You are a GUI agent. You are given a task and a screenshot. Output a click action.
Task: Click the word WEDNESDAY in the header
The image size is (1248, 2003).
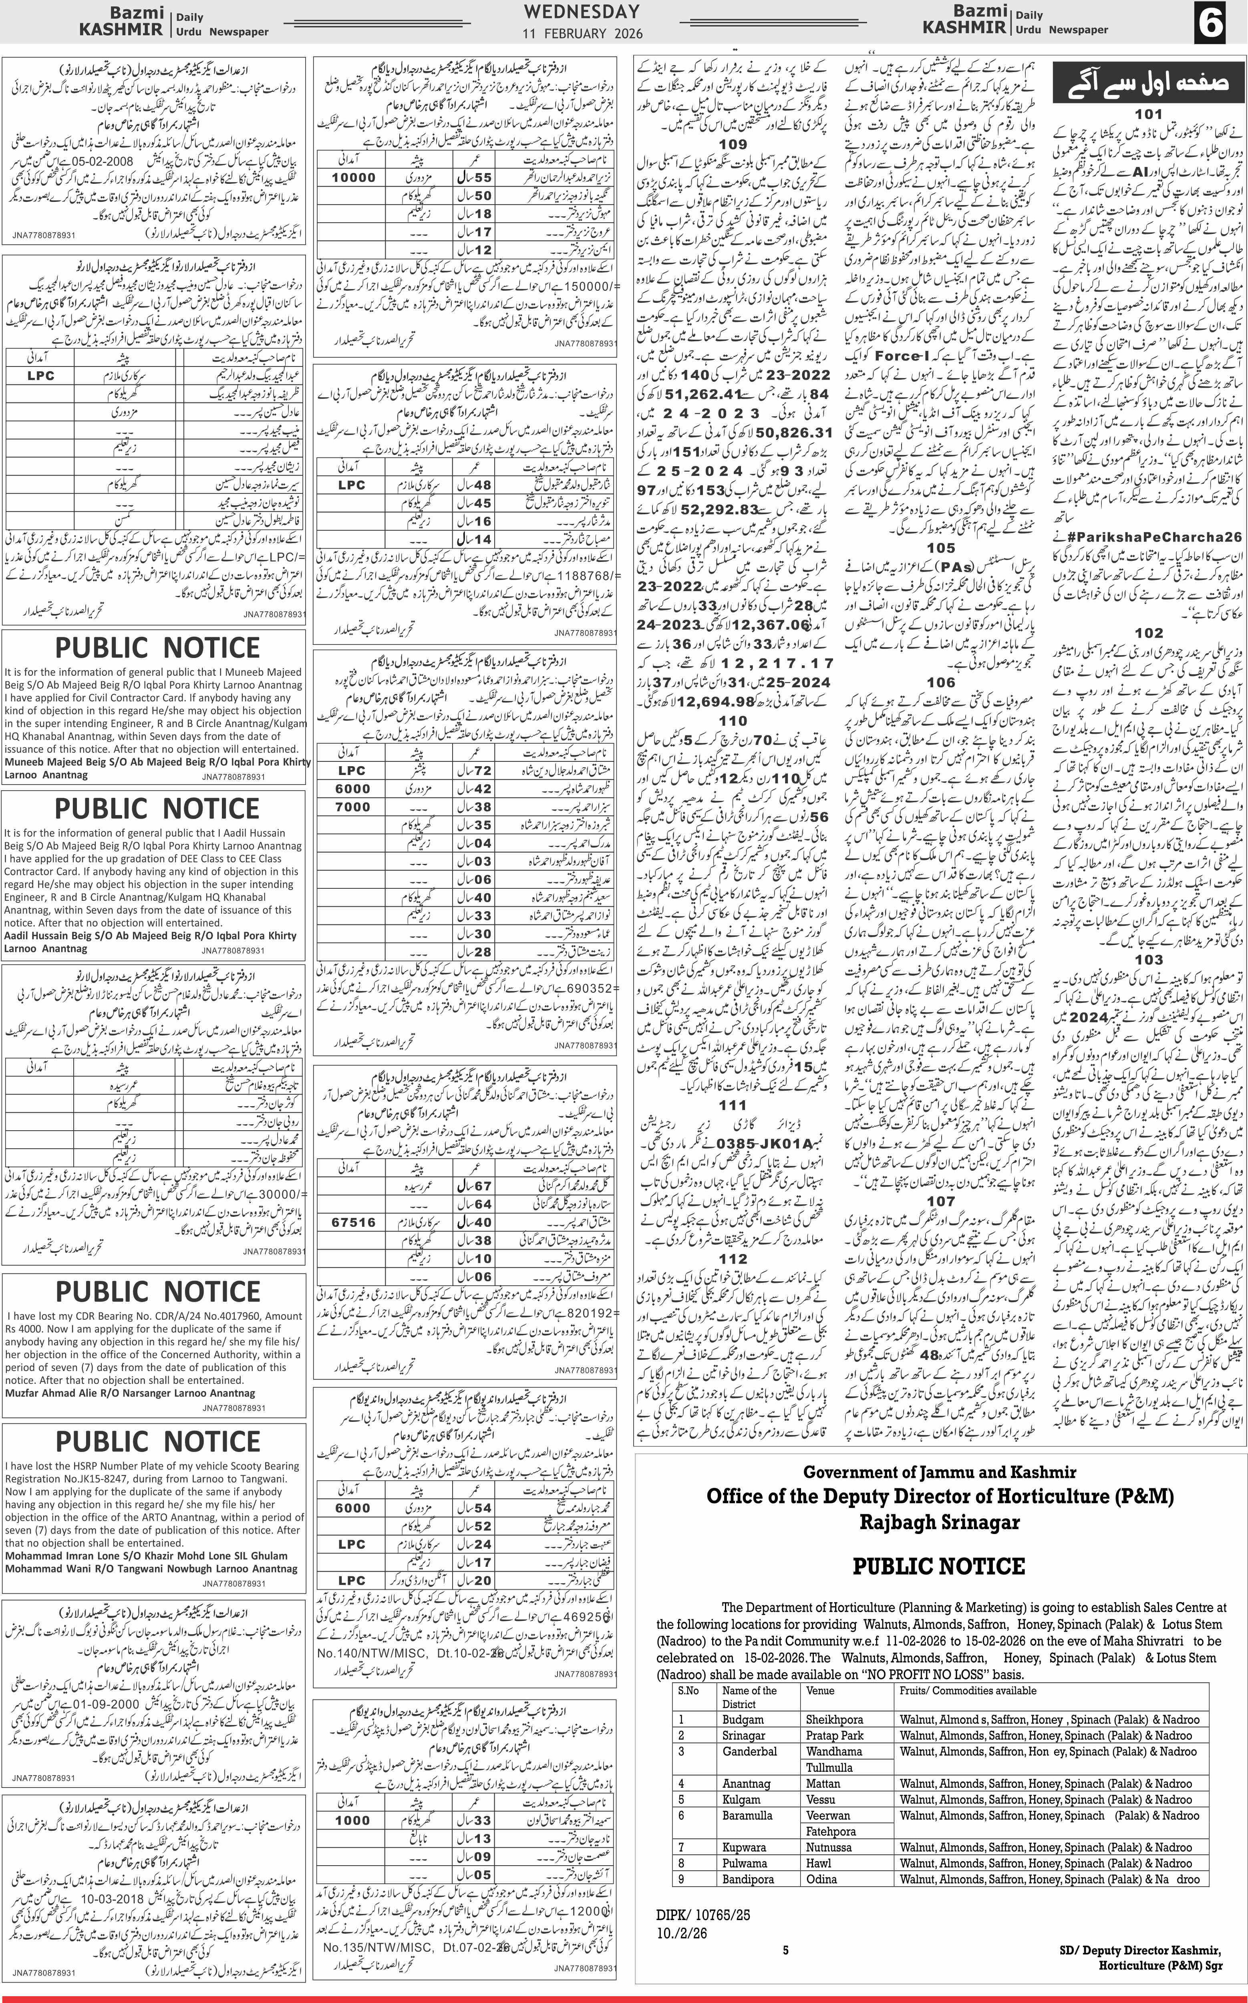tap(581, 12)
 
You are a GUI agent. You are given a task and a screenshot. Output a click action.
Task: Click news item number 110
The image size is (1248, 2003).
tap(733, 721)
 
